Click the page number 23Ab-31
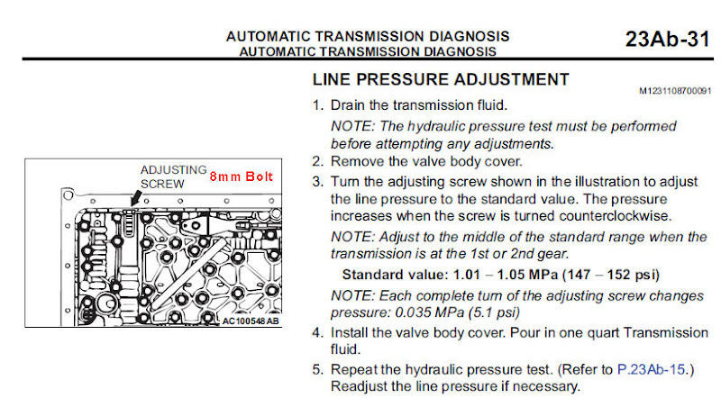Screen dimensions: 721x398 pyautogui.click(x=667, y=39)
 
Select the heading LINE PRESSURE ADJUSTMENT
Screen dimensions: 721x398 pyautogui.click(x=441, y=79)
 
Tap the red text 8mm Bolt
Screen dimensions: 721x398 pyautogui.click(x=242, y=176)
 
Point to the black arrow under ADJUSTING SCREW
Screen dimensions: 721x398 pyautogui.click(x=136, y=198)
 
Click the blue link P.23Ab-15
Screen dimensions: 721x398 pyautogui.click(x=651, y=369)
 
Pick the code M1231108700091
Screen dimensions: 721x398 pyautogui.click(x=675, y=91)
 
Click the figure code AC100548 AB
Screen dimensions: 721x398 pyautogui.click(x=251, y=321)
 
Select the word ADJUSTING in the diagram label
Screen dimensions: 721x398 pyautogui.click(x=173, y=170)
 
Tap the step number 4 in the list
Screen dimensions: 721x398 pyautogui.click(x=317, y=332)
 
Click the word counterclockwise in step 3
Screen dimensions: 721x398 pyautogui.click(x=616, y=215)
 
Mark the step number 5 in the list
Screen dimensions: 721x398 pyautogui.click(x=317, y=369)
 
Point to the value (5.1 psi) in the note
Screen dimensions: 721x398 pyautogui.click(x=494, y=313)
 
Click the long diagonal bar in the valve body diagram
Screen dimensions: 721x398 pyautogui.click(x=188, y=273)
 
